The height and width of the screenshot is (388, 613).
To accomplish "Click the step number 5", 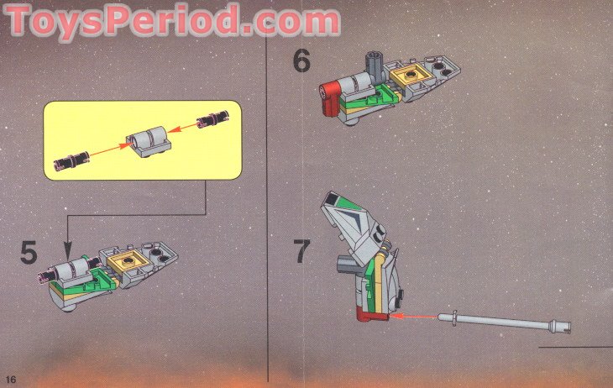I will point(29,252).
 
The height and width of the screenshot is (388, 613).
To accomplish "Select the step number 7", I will point(301,251).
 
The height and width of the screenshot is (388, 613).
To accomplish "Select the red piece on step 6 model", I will point(333,98).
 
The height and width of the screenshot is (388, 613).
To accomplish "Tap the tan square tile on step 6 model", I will point(411,78).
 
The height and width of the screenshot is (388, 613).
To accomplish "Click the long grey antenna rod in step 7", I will point(504,318).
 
